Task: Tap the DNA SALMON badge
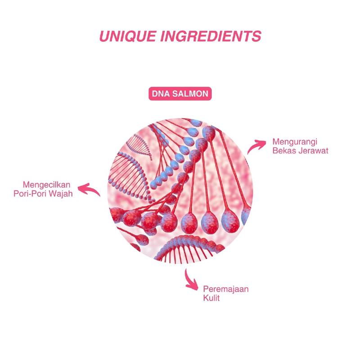point(180,95)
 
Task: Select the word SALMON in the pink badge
point(191,95)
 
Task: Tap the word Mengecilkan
point(48,184)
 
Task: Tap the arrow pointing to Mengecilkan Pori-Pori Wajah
point(93,189)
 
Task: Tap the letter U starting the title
point(103,36)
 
